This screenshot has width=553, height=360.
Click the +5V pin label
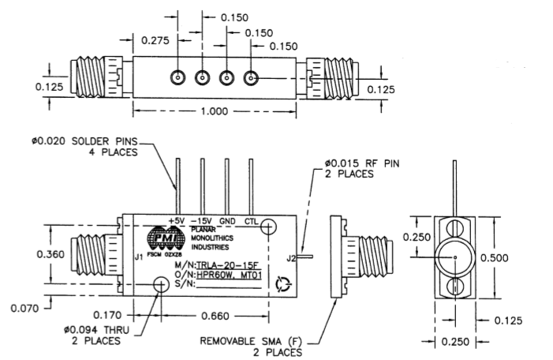[175, 220]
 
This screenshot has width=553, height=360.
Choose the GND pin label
[229, 220]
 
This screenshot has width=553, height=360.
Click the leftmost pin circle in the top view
[177, 78]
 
